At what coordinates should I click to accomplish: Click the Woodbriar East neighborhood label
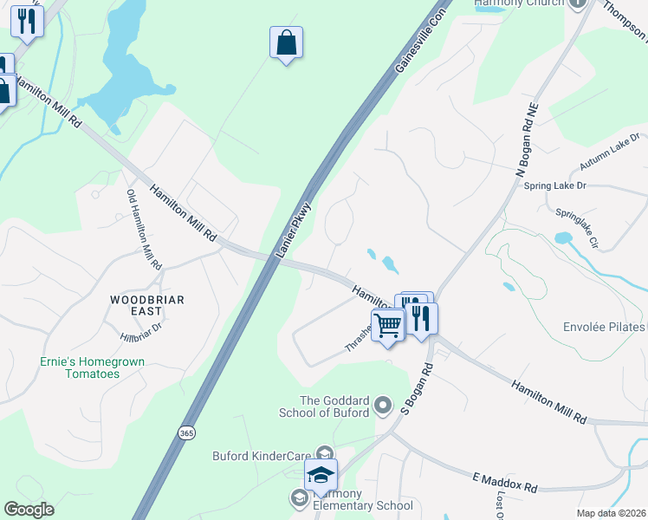[x=136, y=304]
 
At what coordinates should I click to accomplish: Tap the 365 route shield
[x=186, y=432]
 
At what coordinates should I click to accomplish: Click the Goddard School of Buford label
[x=334, y=406]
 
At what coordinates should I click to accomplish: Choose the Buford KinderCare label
[x=262, y=456]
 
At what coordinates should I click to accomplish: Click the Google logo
[x=29, y=510]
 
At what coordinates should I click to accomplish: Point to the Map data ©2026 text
[x=610, y=513]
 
